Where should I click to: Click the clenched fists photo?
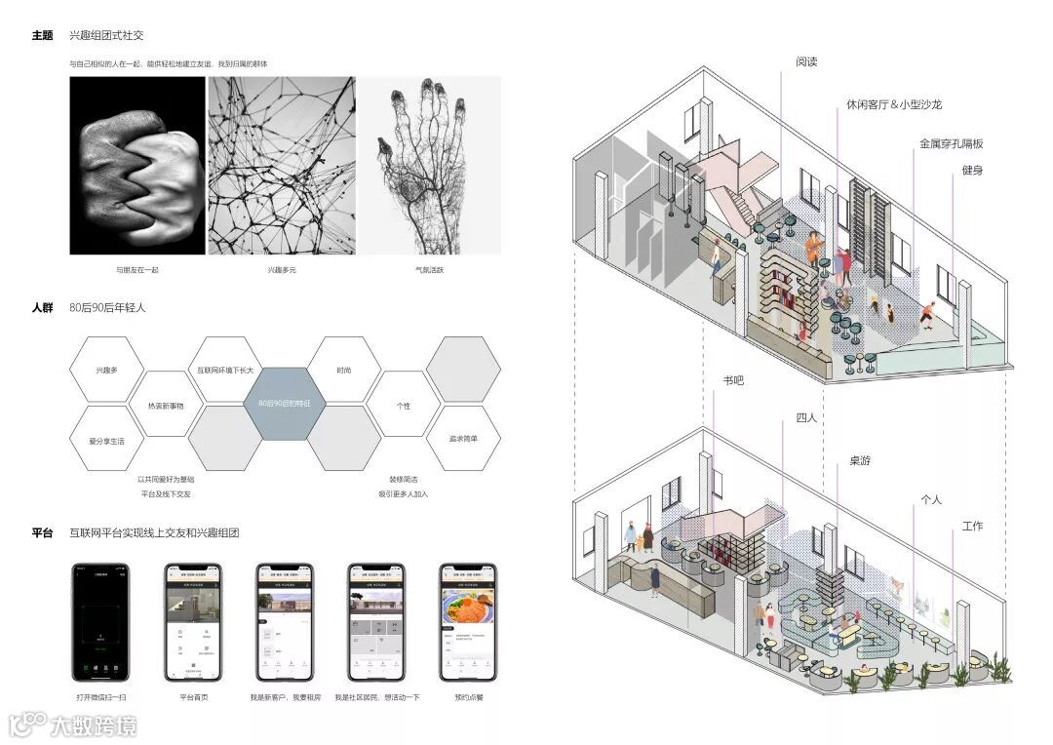(x=137, y=166)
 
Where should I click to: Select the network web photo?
(x=281, y=166)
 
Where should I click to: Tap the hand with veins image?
(x=429, y=166)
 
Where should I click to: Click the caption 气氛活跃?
(x=429, y=270)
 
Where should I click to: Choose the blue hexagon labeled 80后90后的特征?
(x=284, y=404)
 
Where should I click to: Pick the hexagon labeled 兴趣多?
(x=106, y=371)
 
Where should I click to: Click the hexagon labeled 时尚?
(x=344, y=371)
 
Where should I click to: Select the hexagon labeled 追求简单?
(x=464, y=438)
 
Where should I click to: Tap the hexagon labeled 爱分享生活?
(x=106, y=441)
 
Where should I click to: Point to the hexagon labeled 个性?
(x=404, y=405)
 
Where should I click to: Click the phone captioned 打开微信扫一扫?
(x=101, y=624)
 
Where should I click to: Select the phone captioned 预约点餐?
(x=468, y=624)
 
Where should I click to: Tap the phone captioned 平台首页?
(x=193, y=624)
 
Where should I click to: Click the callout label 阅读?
(x=806, y=61)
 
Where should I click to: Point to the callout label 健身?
(x=972, y=171)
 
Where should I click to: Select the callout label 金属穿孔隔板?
(x=951, y=143)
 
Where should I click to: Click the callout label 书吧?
(x=733, y=380)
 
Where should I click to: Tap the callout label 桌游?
(x=860, y=460)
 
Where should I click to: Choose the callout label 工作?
(x=972, y=527)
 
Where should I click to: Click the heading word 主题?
(x=42, y=35)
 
